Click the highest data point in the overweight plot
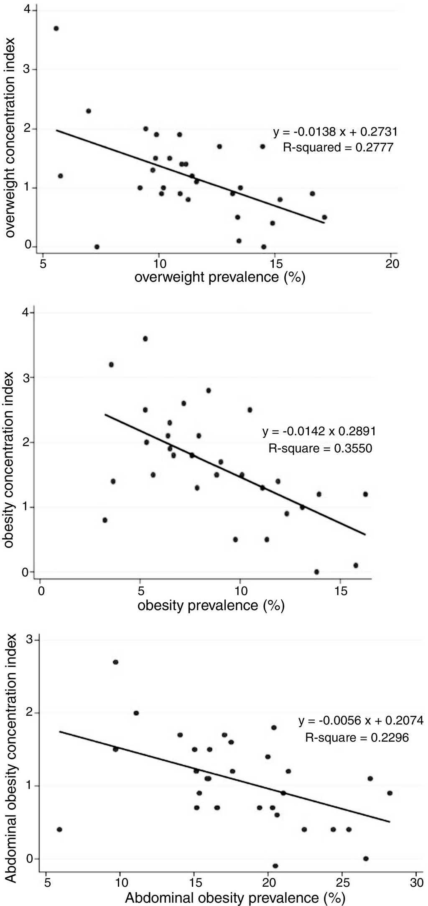click(56, 28)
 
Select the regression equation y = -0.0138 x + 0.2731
click(335, 132)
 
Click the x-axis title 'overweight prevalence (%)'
click(219, 277)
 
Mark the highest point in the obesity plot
click(145, 338)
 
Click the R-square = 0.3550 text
click(320, 449)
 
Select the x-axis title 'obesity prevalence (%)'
click(211, 605)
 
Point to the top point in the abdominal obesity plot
click(115, 662)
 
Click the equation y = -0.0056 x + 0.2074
click(361, 720)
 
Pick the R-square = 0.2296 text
click(357, 737)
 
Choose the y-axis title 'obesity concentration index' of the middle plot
click(10, 460)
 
